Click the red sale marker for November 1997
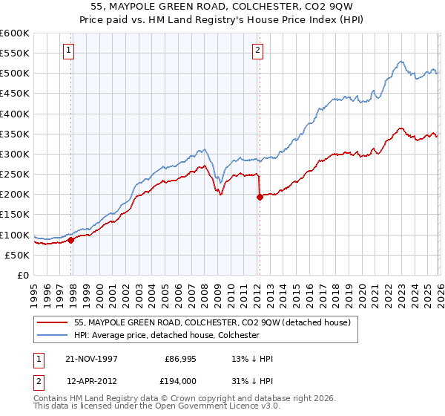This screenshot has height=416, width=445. pos(71,240)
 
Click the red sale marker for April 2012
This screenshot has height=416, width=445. pos(260,198)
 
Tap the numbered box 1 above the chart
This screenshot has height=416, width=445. pos(68,51)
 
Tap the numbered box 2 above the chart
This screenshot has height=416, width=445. pos(257,51)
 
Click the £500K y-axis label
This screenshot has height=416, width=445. pos(15,74)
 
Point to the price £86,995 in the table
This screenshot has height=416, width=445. pos(178,359)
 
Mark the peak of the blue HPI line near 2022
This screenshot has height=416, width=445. pos(400,62)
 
